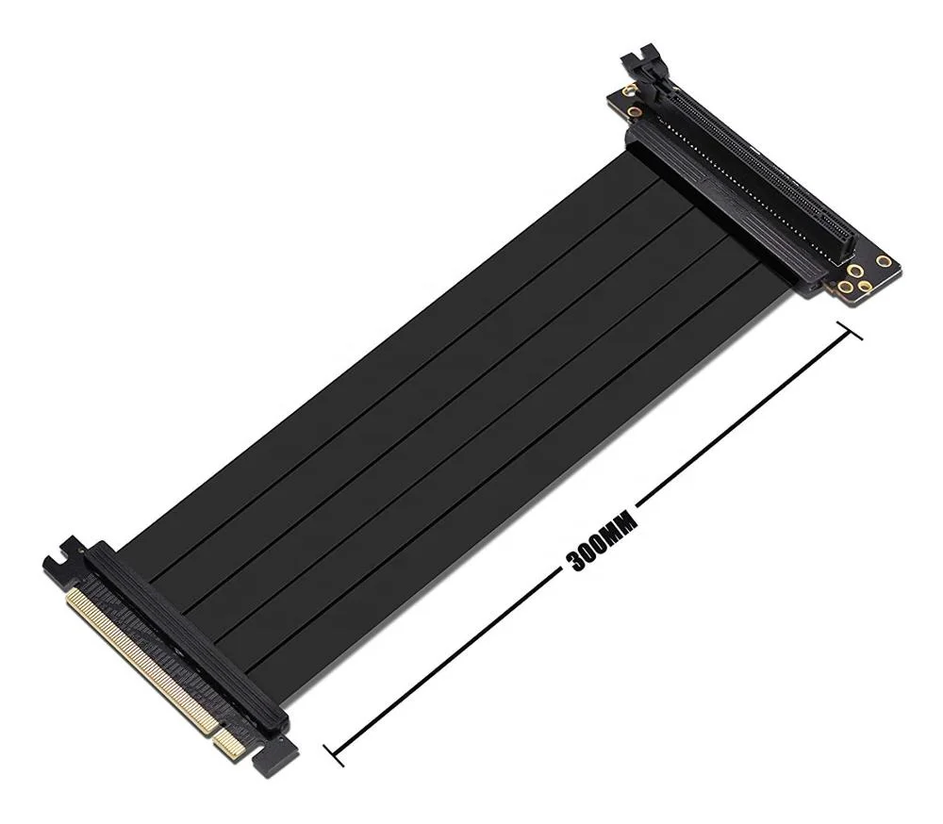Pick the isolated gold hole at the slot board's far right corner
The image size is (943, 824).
coord(884,260)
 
